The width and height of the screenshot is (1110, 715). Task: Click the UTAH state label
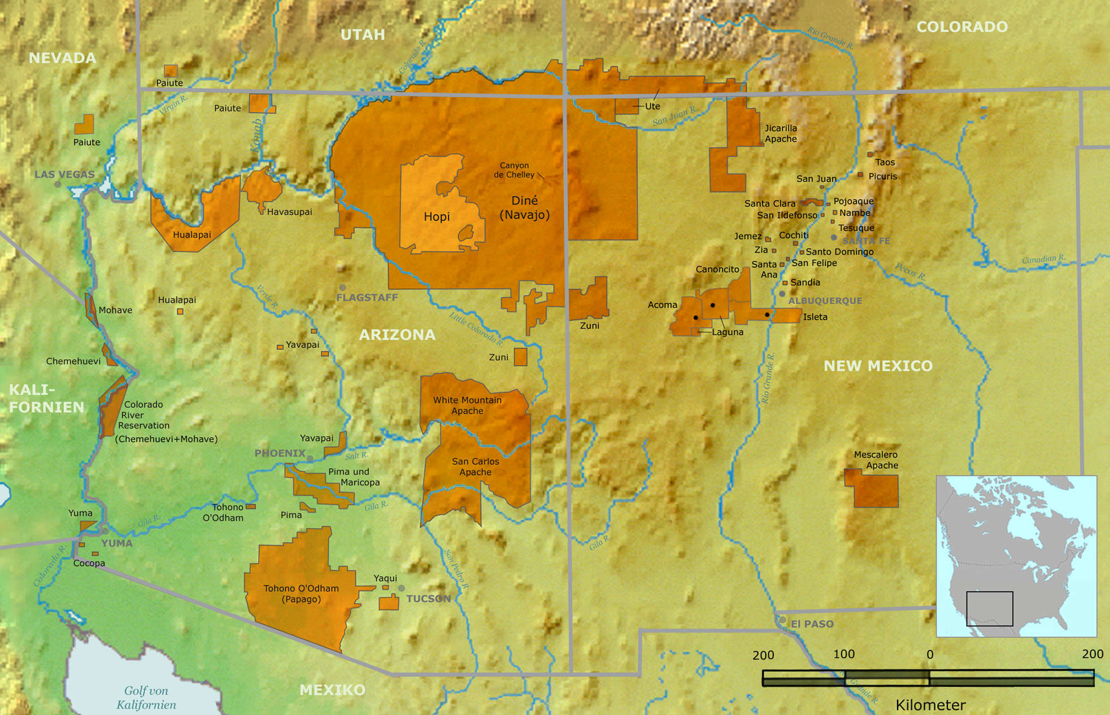tap(363, 34)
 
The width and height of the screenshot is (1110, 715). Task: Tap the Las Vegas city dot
tap(58, 184)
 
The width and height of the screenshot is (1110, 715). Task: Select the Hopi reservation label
tap(437, 216)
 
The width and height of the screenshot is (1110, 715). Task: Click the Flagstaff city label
tap(367, 297)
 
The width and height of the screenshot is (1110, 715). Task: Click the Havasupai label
tap(289, 212)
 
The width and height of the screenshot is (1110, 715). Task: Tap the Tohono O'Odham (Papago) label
tap(301, 594)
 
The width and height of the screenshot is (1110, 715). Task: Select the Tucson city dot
tap(401, 588)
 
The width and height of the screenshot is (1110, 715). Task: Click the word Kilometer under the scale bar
tap(930, 705)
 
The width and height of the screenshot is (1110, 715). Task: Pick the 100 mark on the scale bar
tap(844, 654)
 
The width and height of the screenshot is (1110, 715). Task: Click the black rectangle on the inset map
tap(989, 608)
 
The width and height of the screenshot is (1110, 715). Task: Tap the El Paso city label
tap(812, 624)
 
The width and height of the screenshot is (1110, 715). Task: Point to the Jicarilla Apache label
tap(781, 133)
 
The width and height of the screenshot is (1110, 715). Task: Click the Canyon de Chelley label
tap(514, 170)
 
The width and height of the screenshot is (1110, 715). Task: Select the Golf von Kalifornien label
tap(146, 697)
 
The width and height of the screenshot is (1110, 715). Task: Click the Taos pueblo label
tap(885, 162)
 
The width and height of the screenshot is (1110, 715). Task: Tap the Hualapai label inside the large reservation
tap(192, 234)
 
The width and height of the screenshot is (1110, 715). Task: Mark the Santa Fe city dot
tap(834, 238)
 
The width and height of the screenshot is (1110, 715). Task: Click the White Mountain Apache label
tap(467, 405)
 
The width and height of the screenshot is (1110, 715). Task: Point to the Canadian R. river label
tap(1043, 259)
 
